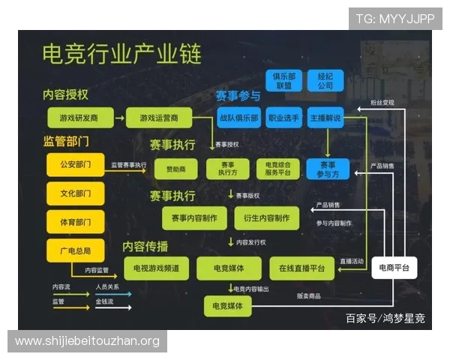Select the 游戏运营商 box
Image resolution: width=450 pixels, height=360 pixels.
[x=158, y=118]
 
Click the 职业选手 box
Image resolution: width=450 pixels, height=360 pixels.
[x=283, y=118]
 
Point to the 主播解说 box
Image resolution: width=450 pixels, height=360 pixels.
[x=325, y=118]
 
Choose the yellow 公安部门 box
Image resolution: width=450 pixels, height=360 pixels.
[x=76, y=164]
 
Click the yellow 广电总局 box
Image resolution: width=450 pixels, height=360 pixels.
[x=76, y=250]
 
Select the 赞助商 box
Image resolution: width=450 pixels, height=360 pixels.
[x=174, y=169]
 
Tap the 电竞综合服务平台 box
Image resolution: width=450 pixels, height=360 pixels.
[x=273, y=169]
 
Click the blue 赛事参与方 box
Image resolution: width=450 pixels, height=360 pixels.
[x=328, y=169]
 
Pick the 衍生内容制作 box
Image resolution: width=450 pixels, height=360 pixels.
[x=266, y=217]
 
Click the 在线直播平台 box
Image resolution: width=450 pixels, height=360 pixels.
[x=302, y=268]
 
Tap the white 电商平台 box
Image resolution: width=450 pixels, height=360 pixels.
[x=394, y=268]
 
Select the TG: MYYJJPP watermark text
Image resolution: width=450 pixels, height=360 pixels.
[x=394, y=19]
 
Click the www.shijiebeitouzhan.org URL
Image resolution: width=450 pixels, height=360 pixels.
[x=87, y=341]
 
